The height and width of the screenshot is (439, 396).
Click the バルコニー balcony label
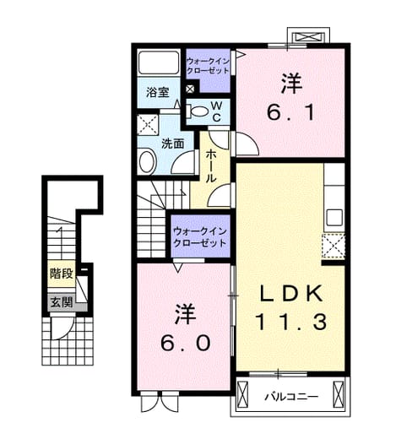click(x=291, y=397)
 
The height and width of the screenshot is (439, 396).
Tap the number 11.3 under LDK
click(x=291, y=322)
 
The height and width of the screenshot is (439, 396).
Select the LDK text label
click(x=291, y=294)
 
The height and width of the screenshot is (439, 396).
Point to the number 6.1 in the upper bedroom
click(x=290, y=112)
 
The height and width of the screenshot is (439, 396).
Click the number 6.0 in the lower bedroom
click(x=185, y=343)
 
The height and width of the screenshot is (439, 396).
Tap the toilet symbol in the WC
click(x=198, y=111)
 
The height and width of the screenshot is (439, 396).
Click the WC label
click(x=216, y=111)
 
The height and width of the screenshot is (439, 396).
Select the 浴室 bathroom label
click(x=158, y=93)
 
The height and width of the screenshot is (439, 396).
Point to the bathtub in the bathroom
click(x=159, y=63)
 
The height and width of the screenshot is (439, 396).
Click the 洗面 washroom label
click(x=172, y=144)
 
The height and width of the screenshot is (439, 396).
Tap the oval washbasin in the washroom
click(x=148, y=161)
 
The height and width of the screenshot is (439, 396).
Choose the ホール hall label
click(x=211, y=166)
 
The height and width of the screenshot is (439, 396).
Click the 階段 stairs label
click(x=62, y=274)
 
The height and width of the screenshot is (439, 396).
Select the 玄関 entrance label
click(x=62, y=302)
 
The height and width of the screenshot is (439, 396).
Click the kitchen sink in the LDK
click(x=334, y=218)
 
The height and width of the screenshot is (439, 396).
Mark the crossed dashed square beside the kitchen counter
click(x=334, y=246)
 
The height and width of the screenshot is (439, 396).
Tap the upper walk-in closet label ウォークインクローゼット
click(x=208, y=66)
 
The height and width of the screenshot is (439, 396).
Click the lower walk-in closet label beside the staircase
click(x=200, y=237)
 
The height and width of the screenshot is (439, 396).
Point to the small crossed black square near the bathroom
click(x=190, y=89)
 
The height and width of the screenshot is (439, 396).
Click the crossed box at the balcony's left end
click(x=242, y=395)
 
